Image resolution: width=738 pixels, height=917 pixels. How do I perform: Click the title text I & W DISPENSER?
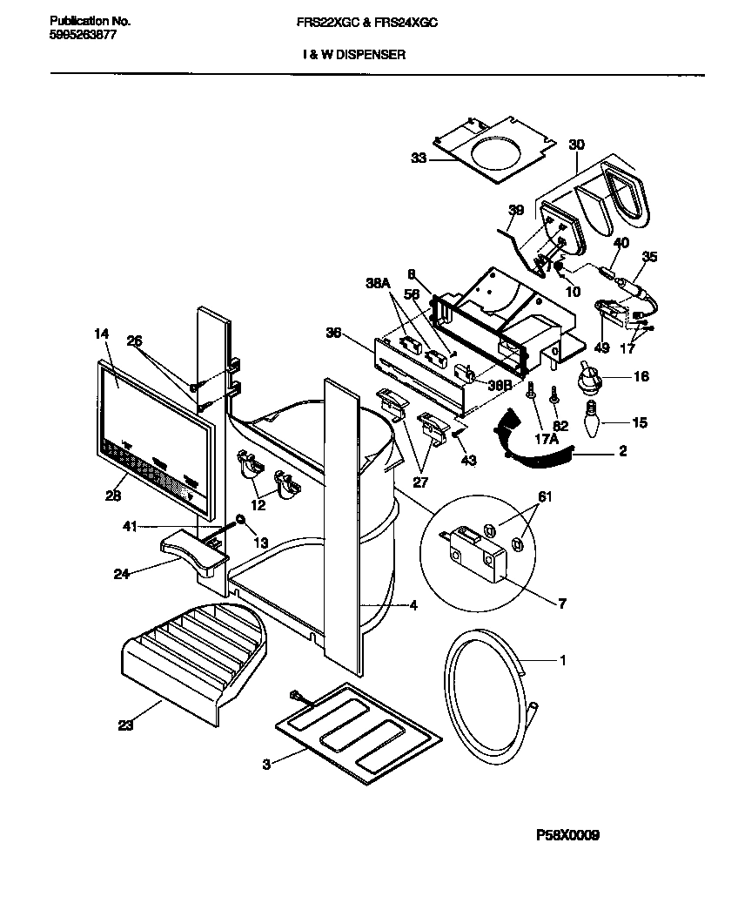353,54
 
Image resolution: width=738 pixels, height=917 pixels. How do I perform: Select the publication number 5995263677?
79,36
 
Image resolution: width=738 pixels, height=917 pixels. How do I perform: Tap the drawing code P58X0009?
567,835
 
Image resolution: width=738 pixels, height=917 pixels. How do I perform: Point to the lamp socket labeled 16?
592,381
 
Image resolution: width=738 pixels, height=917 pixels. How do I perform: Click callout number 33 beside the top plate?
419,158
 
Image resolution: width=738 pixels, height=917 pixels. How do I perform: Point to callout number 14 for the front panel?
103,333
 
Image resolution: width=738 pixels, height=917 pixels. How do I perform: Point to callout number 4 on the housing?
413,605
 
